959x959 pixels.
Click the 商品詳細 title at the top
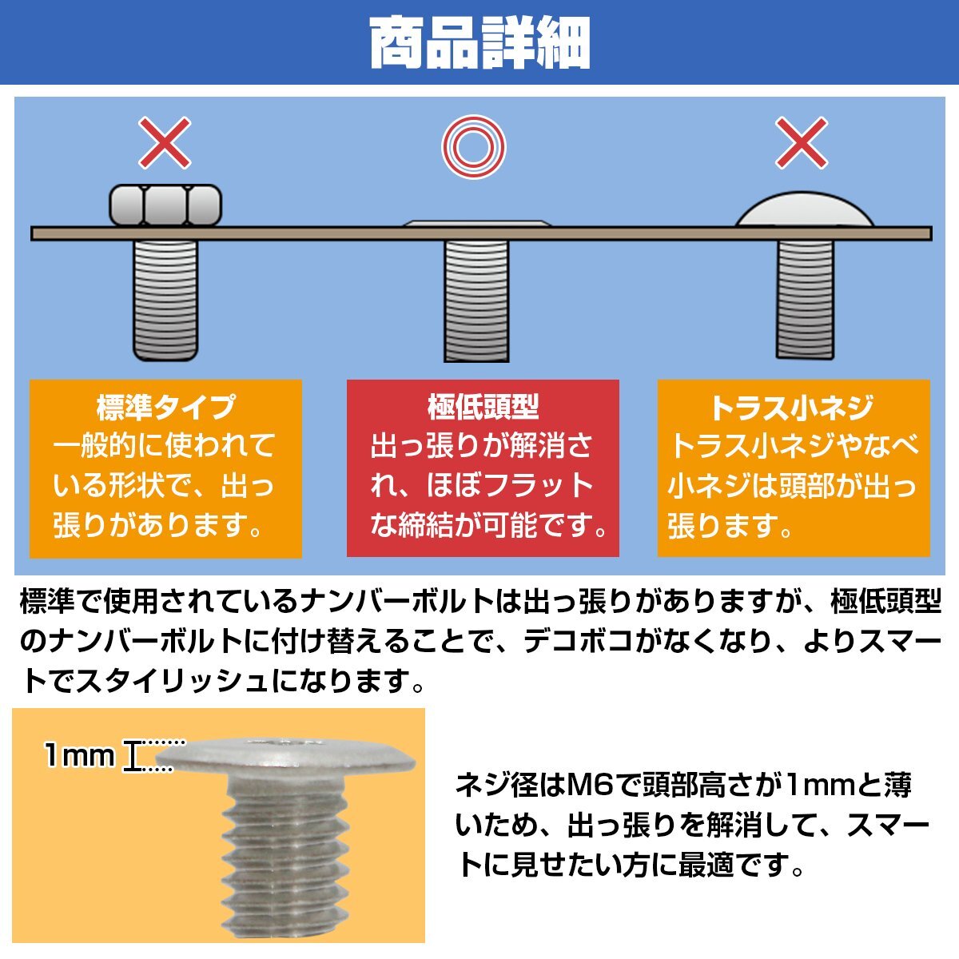tap(480, 43)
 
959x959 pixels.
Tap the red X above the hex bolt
tap(165, 143)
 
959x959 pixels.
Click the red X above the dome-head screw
tap(802, 143)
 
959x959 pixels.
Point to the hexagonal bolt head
tap(165, 205)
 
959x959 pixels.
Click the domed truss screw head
tap(805, 209)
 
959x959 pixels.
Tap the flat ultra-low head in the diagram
tap(477, 224)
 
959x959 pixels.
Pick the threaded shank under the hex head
tap(165, 300)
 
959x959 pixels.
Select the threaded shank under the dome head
tap(806, 299)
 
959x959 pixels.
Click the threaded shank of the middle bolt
tap(476, 300)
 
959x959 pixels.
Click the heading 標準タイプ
tap(165, 407)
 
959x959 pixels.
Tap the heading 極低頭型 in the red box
tap(483, 407)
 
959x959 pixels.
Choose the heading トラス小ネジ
tap(792, 408)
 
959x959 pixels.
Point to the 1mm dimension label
tap(79, 756)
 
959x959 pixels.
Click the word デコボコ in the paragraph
tap(578, 643)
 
